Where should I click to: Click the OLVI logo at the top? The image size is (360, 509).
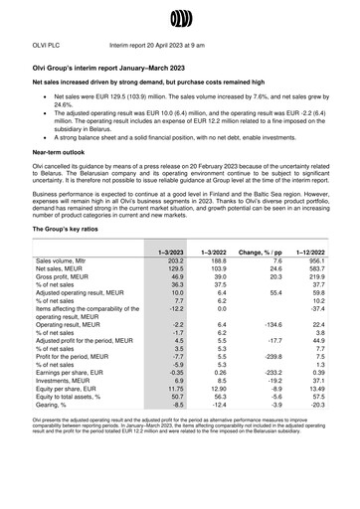pos(179,17)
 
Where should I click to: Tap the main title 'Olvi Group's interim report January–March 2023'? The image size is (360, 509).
pos(113,65)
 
